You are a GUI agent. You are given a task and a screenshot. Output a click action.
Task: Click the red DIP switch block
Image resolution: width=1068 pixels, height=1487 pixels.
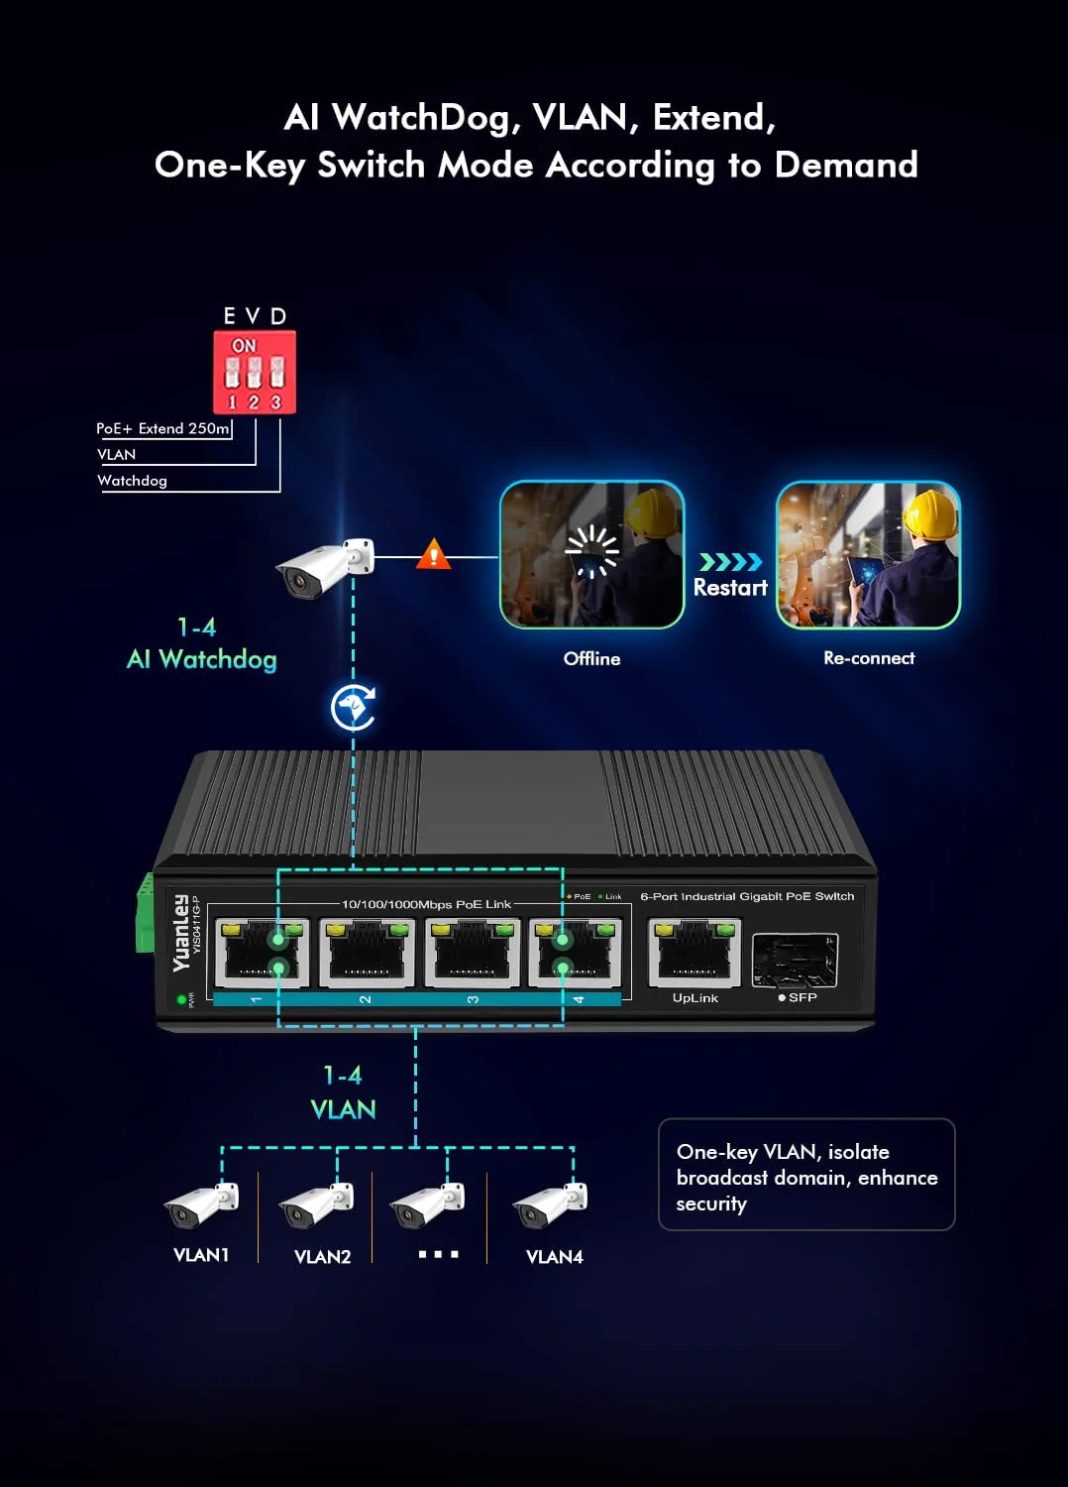coord(255,372)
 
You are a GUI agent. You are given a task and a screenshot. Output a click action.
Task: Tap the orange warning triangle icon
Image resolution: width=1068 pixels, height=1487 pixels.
coord(433,554)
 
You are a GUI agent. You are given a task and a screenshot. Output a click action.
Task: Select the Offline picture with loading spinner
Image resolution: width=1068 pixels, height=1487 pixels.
coord(591,554)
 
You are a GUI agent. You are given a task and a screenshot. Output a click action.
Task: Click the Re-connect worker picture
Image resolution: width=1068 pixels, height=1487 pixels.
coord(868,554)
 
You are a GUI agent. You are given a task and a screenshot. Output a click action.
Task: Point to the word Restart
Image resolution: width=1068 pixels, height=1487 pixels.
coord(730,588)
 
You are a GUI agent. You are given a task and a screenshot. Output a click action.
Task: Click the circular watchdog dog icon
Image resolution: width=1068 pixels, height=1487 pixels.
coord(353,708)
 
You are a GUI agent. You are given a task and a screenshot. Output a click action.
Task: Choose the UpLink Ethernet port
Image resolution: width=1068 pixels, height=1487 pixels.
coord(694,953)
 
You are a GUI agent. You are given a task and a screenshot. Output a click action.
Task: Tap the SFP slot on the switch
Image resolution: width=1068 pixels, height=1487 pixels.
coord(795,961)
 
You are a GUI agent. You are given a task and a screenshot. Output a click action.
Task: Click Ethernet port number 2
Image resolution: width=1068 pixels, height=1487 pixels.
coord(367,953)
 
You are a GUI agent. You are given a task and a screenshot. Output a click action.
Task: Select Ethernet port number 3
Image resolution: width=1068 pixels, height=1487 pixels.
coord(473,953)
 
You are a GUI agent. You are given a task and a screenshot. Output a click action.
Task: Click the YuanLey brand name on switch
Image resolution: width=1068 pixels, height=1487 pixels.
coord(180,933)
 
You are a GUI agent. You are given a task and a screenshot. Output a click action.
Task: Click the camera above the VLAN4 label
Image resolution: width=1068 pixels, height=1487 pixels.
coord(551,1204)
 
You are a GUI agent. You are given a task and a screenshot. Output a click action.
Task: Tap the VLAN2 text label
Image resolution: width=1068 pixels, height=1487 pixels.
coord(323,1257)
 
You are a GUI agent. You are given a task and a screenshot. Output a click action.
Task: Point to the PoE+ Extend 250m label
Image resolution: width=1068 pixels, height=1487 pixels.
coord(162,428)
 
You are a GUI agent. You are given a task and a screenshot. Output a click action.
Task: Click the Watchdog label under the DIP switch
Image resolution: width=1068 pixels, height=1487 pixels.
coord(132,481)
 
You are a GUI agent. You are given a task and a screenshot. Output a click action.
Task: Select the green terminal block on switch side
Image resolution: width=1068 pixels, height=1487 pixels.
coord(145,912)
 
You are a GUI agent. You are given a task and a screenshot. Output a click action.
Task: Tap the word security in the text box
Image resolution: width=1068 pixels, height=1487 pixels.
coord(711,1204)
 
